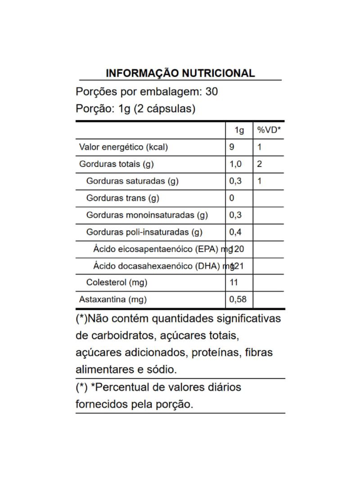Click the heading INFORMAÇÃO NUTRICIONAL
(180, 73)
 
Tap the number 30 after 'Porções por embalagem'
(211, 92)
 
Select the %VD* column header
(269, 130)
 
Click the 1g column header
(239, 130)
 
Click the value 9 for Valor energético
(232, 147)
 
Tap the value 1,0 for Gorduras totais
(235, 164)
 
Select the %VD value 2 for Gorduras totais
(260, 164)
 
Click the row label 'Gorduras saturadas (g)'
(132, 181)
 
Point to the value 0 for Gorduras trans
(232, 198)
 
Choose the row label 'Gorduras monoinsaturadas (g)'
(147, 215)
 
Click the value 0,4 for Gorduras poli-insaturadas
(235, 232)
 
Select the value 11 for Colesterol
(234, 283)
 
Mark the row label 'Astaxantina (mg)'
(113, 299)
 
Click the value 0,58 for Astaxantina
(238, 299)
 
